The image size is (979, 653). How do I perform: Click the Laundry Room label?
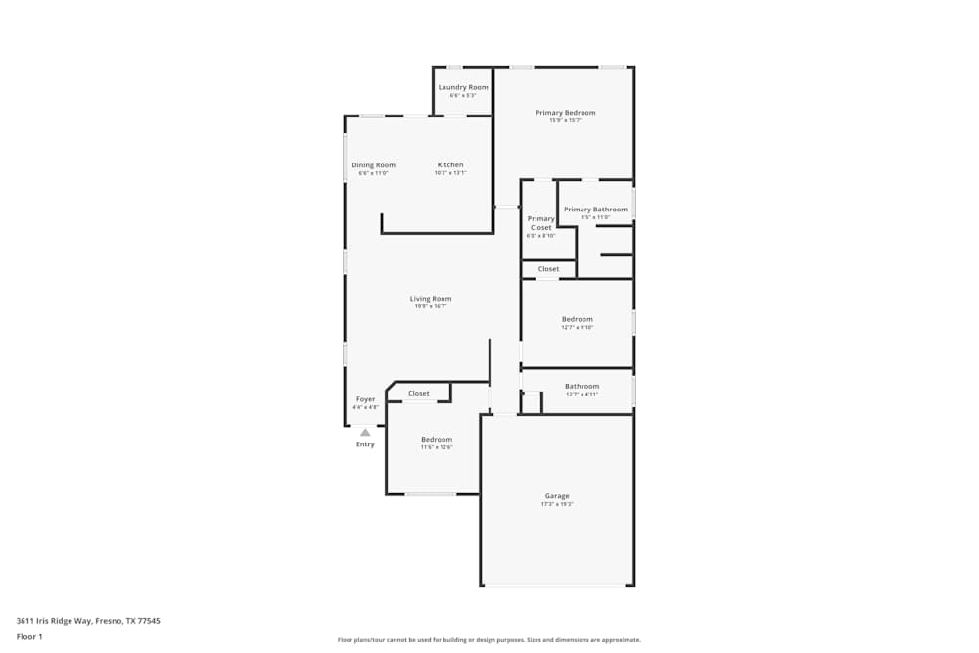[x=463, y=87]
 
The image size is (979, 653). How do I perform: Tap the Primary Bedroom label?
[x=565, y=113]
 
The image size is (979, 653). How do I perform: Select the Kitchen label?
[x=450, y=164]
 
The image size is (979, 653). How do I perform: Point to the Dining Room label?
[x=373, y=165]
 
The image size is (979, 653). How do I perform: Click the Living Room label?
[x=431, y=299]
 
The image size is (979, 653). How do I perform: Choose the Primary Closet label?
[x=540, y=223]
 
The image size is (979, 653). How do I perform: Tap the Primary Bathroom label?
[x=595, y=210]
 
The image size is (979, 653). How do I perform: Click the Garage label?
[x=557, y=496]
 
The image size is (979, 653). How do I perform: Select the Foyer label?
[x=365, y=399]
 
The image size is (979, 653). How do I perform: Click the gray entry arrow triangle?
[x=365, y=432]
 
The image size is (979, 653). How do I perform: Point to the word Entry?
[x=365, y=444]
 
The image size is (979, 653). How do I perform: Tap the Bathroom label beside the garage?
[x=582, y=386]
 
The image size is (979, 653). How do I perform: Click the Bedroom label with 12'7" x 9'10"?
[x=577, y=319]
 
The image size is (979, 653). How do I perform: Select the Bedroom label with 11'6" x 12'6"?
[x=437, y=439]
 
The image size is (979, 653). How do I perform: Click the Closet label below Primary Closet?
[x=548, y=269]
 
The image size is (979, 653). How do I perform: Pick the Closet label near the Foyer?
[x=419, y=394]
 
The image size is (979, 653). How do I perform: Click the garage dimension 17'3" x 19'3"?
[x=557, y=505]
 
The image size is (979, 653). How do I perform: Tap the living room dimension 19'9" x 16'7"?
[x=431, y=306]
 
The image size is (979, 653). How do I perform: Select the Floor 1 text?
[x=29, y=636]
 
